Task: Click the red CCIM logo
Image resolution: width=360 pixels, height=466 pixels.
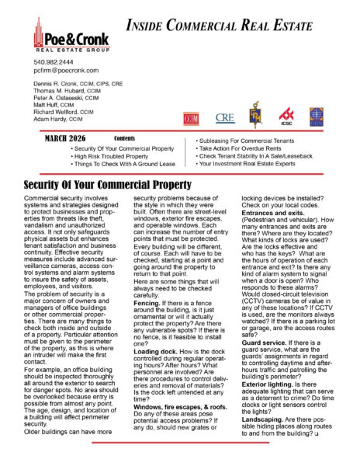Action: coord(191,118)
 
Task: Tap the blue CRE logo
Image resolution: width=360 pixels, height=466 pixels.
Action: coord(225,118)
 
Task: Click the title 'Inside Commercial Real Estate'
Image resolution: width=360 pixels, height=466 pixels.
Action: coord(230,25)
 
